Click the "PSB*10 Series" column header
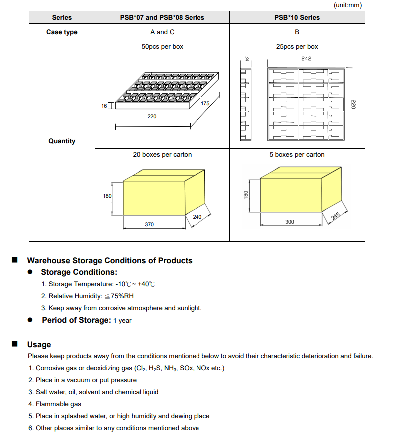(x=297, y=17)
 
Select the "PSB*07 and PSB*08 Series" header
(x=162, y=17)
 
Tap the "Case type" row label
(x=62, y=32)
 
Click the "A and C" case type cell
(x=162, y=32)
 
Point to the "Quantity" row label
(x=62, y=141)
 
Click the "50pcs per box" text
(x=162, y=47)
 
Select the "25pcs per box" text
(x=297, y=47)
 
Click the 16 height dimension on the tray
(x=104, y=106)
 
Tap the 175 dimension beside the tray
(x=205, y=103)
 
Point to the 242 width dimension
(x=306, y=58)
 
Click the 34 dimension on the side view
(x=247, y=59)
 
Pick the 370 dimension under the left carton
(x=149, y=224)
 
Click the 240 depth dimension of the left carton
(x=197, y=217)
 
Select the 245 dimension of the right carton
(x=335, y=216)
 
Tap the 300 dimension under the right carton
(x=289, y=222)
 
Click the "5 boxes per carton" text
(x=297, y=155)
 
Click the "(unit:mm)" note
(x=348, y=5)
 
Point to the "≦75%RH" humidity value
(x=119, y=296)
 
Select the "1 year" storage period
(x=122, y=321)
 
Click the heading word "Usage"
(x=39, y=345)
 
